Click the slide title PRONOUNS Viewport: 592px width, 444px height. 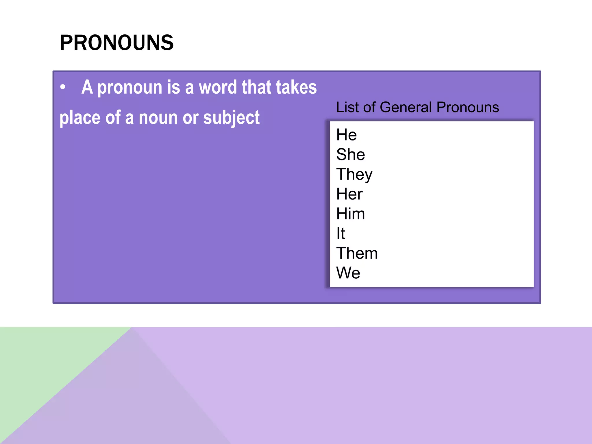(x=116, y=43)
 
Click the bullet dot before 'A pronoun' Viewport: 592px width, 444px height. (x=63, y=87)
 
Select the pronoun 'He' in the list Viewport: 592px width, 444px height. (x=346, y=135)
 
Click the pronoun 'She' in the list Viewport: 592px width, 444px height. (x=350, y=154)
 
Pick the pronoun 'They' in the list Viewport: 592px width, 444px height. (x=354, y=175)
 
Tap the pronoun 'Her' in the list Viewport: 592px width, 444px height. (x=349, y=194)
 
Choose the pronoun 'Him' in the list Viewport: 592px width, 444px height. (x=350, y=214)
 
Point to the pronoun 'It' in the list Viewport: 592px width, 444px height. (x=341, y=233)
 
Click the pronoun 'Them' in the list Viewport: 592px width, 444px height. (x=357, y=253)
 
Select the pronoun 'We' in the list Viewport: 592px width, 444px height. (x=348, y=273)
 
